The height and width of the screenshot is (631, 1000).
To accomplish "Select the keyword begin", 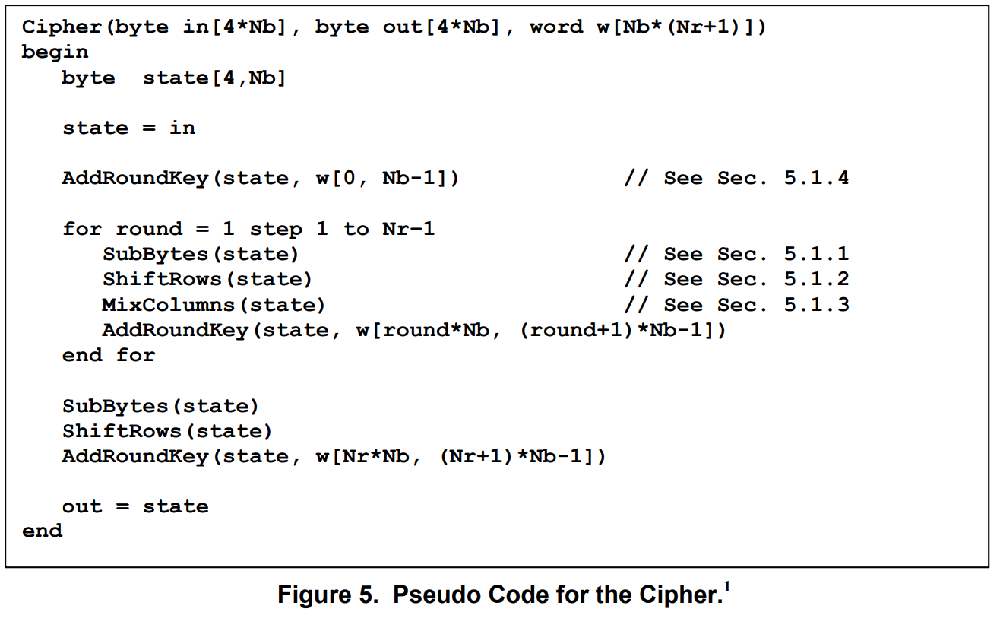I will (55, 52).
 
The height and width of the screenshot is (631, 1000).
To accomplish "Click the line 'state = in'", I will (128, 128).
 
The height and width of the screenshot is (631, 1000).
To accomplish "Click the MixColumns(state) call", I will (214, 305).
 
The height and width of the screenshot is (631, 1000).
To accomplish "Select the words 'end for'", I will (109, 355).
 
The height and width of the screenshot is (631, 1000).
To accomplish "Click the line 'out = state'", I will (135, 506).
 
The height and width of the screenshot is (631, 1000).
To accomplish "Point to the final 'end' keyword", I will (42, 531).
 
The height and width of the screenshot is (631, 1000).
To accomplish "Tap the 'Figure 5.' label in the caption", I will (328, 595).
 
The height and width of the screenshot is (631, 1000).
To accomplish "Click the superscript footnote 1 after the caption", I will (727, 587).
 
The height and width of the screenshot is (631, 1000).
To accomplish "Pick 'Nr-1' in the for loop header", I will (408, 229).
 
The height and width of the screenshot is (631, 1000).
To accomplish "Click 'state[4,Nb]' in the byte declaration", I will (214, 78).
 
